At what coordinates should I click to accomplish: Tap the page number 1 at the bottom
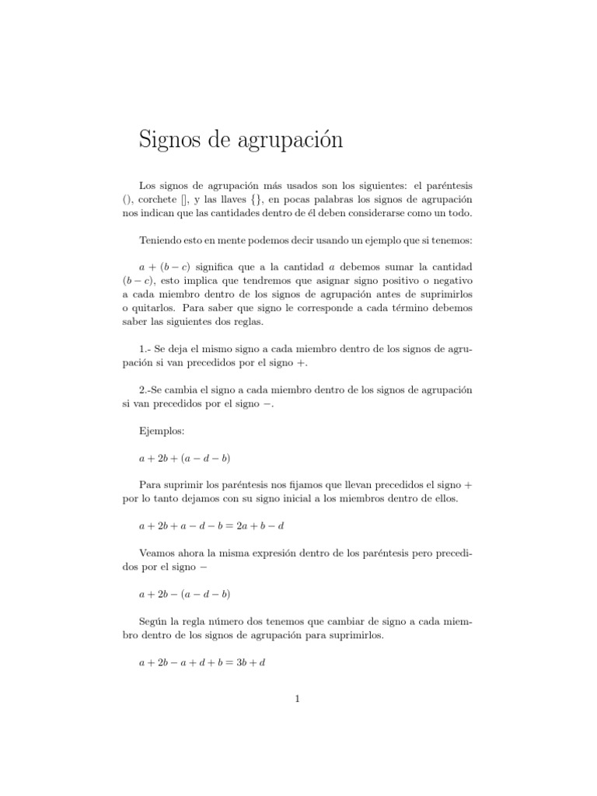298,699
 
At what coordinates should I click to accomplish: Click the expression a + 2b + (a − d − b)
184,459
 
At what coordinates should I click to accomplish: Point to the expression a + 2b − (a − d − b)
184,594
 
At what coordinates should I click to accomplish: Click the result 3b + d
250,663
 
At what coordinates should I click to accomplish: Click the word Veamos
159,555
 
